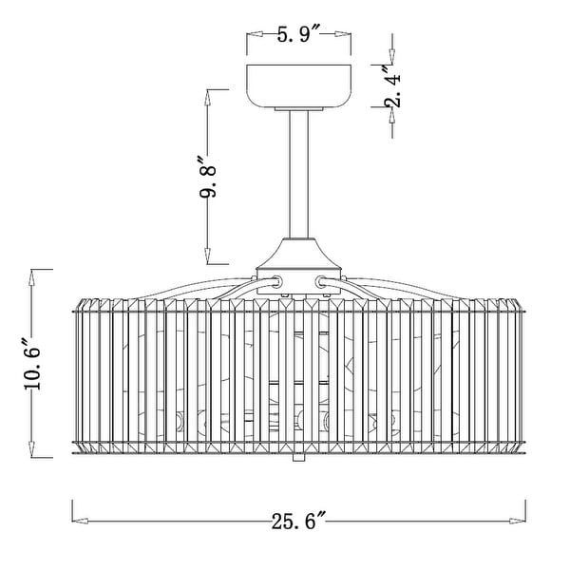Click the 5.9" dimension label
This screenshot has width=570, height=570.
pyautogui.click(x=298, y=34)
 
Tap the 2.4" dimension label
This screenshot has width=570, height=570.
pyautogui.click(x=393, y=86)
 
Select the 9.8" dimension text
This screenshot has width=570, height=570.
pyautogui.click(x=207, y=177)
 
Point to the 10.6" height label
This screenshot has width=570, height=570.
pyautogui.click(x=32, y=364)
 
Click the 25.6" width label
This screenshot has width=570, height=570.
pyautogui.click(x=298, y=521)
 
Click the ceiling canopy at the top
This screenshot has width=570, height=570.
pyautogui.click(x=299, y=86)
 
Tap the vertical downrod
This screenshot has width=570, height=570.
pyautogui.click(x=299, y=175)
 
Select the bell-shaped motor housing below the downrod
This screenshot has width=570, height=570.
pyautogui.click(x=299, y=254)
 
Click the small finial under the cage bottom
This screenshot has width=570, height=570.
pyautogui.click(x=298, y=457)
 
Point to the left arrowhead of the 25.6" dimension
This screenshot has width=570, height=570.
pyautogui.click(x=80, y=521)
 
